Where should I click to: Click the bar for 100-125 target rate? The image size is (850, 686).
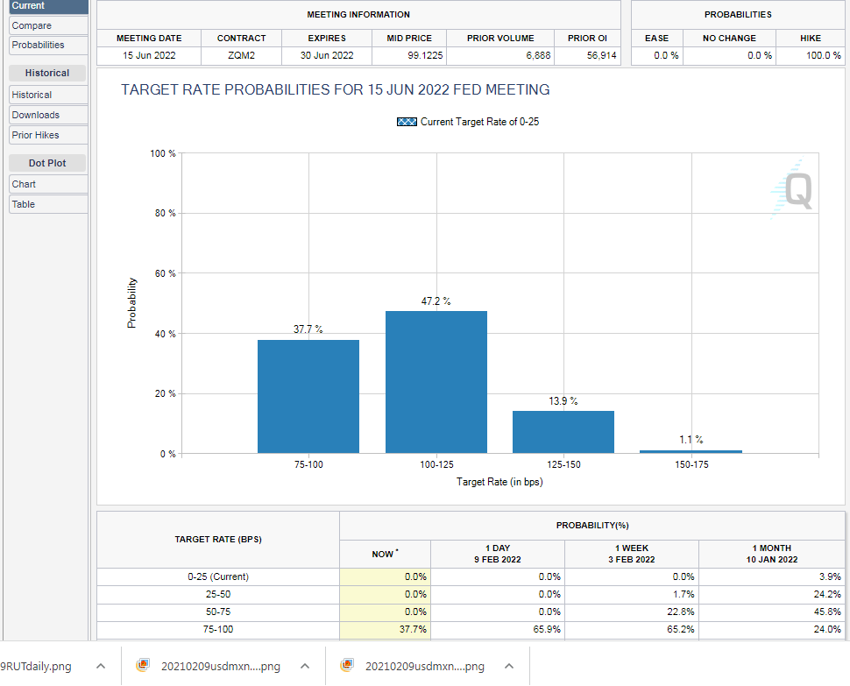436,382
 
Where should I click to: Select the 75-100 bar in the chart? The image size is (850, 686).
308,396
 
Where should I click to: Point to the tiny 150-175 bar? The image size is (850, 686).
691,451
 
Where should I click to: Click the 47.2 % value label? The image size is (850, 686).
436,301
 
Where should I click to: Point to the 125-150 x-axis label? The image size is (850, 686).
563,464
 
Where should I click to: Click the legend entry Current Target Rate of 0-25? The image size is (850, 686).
468,122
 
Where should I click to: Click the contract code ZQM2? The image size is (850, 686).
241,55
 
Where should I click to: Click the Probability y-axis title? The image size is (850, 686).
132,303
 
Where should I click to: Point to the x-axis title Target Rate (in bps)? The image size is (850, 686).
499,482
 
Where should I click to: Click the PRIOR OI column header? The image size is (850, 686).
587,39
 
